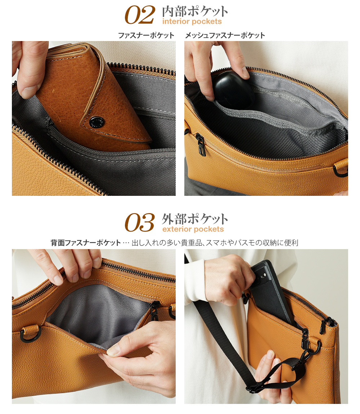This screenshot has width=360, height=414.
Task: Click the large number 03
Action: coord(140,223)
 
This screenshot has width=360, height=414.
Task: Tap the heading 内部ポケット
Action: coord(195,12)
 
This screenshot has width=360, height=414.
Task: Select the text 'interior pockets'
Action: coord(192,22)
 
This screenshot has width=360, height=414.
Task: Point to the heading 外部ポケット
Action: coord(195,219)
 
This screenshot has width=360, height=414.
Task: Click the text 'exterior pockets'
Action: coord(193,229)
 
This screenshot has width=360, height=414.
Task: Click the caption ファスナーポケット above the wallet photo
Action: coord(146,36)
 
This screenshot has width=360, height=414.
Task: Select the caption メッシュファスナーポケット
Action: coord(225,36)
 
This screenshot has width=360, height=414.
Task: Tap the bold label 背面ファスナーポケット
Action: coord(86,243)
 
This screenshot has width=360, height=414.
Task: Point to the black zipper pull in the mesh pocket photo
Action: coord(201,144)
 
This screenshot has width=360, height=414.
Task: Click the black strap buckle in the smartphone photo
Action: coord(255,388)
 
